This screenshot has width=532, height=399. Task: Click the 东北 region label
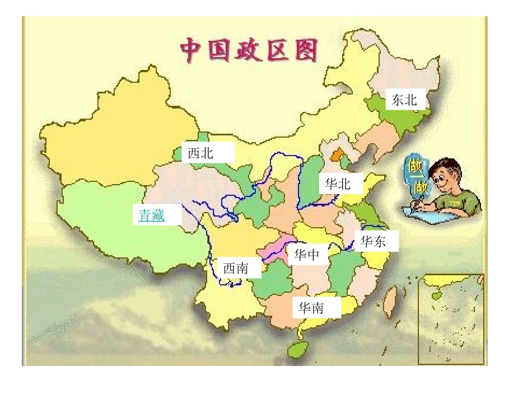(x=405, y=100)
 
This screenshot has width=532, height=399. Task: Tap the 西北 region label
(x=201, y=153)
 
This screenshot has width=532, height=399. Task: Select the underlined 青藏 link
(x=152, y=214)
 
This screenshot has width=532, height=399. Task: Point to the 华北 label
(x=338, y=184)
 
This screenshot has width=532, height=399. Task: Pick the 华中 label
(x=307, y=255)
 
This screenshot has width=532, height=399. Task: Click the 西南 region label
(x=236, y=269)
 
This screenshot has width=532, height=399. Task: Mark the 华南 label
(x=311, y=308)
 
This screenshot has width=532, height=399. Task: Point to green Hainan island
(x=298, y=349)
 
